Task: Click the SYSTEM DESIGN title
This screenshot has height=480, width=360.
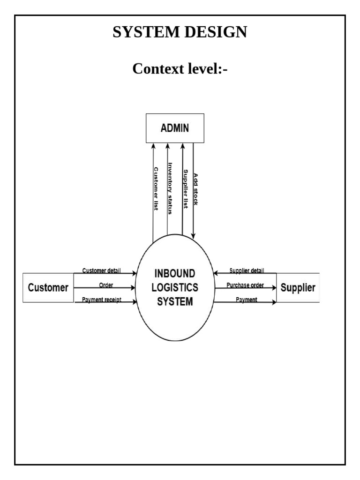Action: coord(180,32)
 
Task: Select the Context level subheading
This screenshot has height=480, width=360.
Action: coord(180,68)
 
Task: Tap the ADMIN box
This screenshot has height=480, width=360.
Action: coord(175,127)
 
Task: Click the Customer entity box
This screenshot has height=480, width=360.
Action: coord(48,287)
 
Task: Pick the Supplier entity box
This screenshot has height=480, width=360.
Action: coord(298,287)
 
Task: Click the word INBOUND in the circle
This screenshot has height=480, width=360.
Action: coord(175,273)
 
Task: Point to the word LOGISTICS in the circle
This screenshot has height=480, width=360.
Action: coord(175,287)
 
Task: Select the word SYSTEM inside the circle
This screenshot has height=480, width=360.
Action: coord(175,302)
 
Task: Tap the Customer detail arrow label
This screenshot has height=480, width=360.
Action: coord(102,270)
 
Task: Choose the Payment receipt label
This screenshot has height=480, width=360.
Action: coord(102,300)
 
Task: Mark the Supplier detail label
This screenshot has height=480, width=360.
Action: coord(247,270)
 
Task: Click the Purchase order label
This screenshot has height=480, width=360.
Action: coord(245,285)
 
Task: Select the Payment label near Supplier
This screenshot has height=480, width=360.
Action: coord(247,300)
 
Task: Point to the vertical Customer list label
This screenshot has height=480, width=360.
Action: coord(156,189)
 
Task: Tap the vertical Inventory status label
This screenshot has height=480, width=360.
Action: coord(171,188)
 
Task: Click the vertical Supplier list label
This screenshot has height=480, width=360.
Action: coord(186,189)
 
